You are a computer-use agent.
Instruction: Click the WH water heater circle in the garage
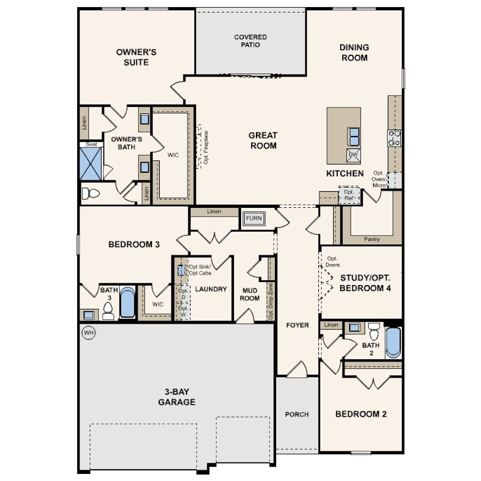[88, 333]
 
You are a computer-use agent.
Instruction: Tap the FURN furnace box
[254, 219]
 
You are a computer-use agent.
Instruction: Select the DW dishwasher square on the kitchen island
[353, 155]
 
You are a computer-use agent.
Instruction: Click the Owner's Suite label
[136, 57]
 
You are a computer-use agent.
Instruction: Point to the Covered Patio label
[251, 41]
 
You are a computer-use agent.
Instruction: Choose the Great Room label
[263, 141]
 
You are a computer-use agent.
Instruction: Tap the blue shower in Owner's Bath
[90, 164]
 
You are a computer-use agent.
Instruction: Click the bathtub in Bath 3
[127, 302]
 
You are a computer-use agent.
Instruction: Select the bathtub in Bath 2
[393, 343]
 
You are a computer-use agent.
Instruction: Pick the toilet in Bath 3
[108, 311]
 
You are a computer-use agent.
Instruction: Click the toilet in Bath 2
[374, 331]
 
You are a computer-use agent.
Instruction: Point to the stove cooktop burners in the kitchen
[394, 138]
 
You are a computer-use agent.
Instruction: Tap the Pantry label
[372, 239]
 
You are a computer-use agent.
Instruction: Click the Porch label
[297, 414]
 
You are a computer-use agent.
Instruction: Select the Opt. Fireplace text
[206, 147]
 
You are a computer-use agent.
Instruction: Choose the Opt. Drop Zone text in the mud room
[271, 301]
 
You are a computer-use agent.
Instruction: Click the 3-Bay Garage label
[177, 397]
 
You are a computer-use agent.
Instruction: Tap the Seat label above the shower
[91, 144]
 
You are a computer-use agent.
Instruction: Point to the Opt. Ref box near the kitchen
[349, 195]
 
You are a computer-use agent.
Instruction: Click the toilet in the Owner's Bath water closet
[91, 194]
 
